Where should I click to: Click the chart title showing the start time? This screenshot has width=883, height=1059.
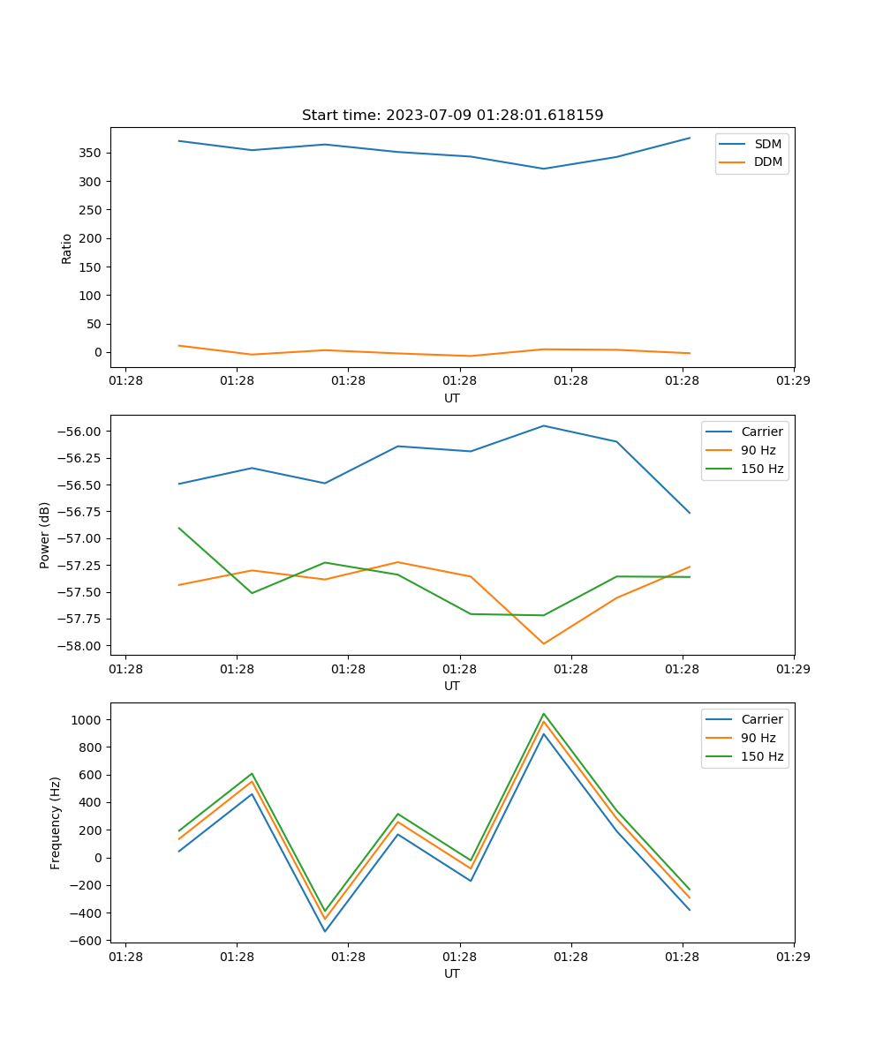(452, 116)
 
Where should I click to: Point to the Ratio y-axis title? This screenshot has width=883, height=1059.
(67, 248)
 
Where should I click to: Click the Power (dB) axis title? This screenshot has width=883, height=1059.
(45, 535)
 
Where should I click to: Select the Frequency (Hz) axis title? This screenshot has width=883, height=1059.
(56, 822)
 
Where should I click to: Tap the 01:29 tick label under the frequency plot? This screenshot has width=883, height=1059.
(793, 956)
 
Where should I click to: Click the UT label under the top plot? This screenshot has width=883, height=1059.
(452, 398)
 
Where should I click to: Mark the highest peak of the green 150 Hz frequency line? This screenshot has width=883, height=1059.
(544, 714)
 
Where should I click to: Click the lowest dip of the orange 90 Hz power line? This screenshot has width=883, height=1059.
(544, 643)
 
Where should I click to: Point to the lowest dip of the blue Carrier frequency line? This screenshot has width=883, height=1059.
(325, 931)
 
